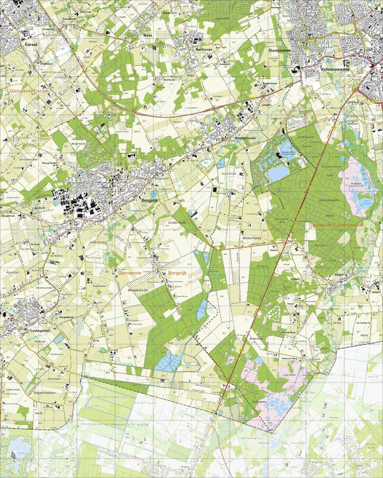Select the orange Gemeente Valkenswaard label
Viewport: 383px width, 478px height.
click(x=334, y=225)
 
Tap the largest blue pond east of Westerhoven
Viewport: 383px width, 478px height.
click(x=278, y=173)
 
